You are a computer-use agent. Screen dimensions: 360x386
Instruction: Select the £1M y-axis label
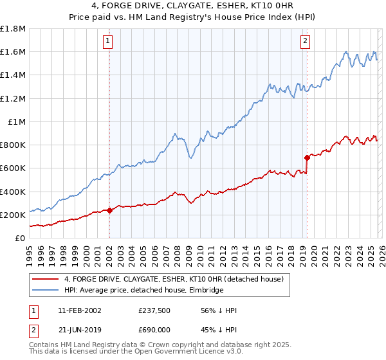tap(17, 122)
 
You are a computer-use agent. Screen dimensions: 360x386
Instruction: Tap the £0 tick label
tap(21, 238)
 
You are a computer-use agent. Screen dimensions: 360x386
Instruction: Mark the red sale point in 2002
tap(110, 210)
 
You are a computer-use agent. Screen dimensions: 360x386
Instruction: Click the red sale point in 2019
tap(307, 157)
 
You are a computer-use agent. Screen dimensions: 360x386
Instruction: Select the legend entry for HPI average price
tap(143, 291)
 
